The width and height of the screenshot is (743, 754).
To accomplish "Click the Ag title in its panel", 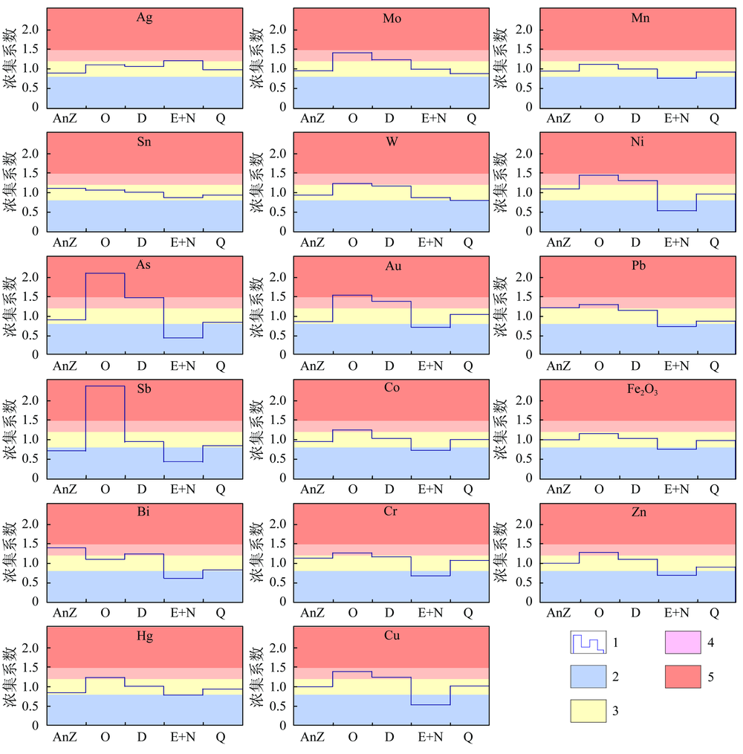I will coord(145,18).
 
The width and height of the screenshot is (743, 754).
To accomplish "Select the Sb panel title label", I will coord(145,389).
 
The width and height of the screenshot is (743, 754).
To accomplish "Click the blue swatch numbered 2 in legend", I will coord(589,677).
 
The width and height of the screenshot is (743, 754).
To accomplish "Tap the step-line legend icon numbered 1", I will coord(589,641).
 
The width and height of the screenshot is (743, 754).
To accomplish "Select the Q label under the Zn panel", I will coord(714,613).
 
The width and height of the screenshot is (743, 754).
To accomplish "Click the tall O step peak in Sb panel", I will coord(105,386).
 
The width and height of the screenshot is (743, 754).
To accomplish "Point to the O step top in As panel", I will coord(105,273).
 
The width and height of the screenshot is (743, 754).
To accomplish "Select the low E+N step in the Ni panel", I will coord(677,210).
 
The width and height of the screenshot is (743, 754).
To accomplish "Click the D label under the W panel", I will coord(389,242).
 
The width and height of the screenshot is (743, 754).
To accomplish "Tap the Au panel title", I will coord(392,265).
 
